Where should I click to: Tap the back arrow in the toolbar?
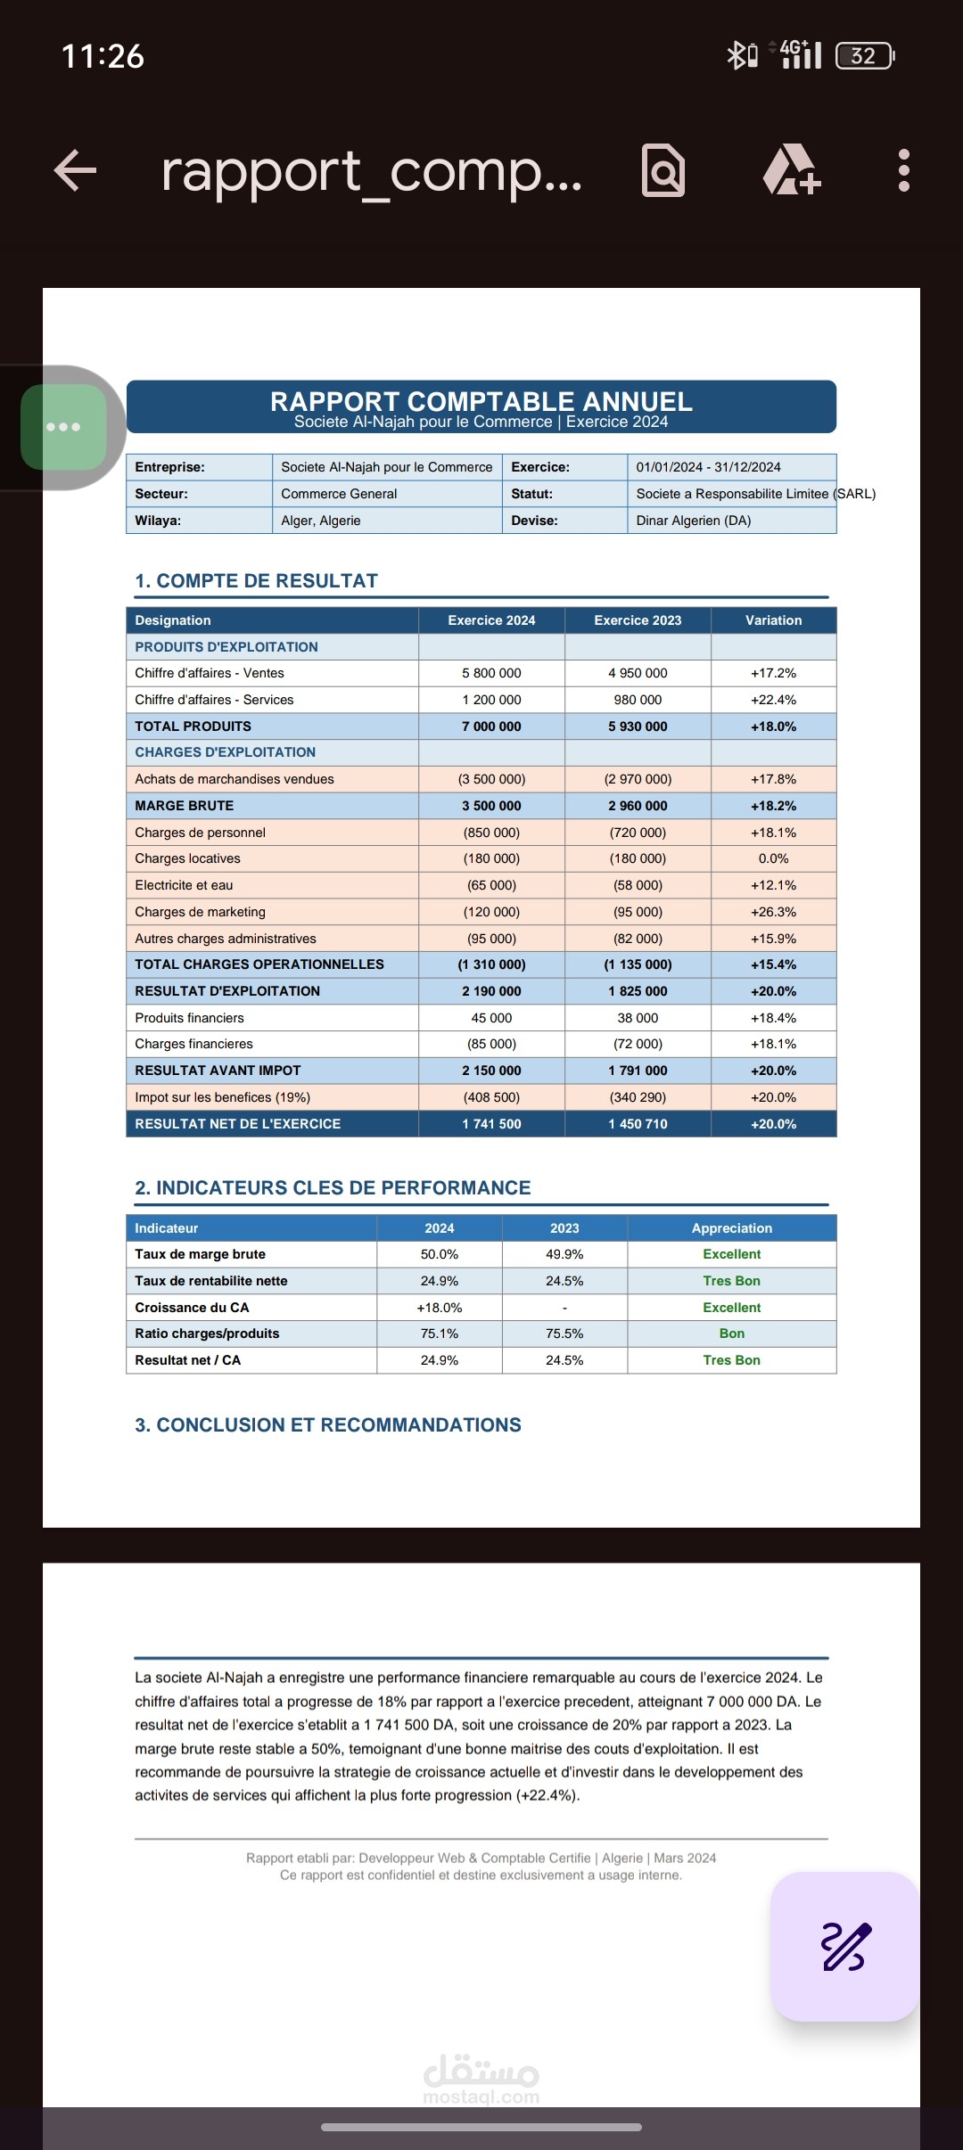tap(75, 170)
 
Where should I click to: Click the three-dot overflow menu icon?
tap(903, 170)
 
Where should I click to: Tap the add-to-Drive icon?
tap(790, 170)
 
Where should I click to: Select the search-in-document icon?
tap(663, 170)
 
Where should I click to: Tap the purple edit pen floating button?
tap(844, 1946)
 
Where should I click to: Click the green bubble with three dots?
tap(64, 427)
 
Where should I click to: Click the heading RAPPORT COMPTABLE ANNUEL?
tap(481, 401)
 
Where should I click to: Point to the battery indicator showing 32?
tap(863, 56)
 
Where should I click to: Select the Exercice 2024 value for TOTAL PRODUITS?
tap(491, 726)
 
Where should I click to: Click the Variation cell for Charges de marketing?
tap(773, 912)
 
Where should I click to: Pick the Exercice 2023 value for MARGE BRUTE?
tap(638, 806)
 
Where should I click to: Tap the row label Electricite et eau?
tap(184, 885)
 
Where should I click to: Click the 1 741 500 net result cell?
tap(491, 1124)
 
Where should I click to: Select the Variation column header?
tap(773, 620)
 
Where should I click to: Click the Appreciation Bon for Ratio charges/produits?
tap(731, 1333)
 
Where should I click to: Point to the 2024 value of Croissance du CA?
tap(440, 1308)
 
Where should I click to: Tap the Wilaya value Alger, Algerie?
tap(321, 521)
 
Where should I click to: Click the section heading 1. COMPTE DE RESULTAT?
tap(257, 581)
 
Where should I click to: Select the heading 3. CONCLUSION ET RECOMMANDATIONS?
tap(328, 1425)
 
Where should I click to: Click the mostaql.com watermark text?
tap(481, 2097)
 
